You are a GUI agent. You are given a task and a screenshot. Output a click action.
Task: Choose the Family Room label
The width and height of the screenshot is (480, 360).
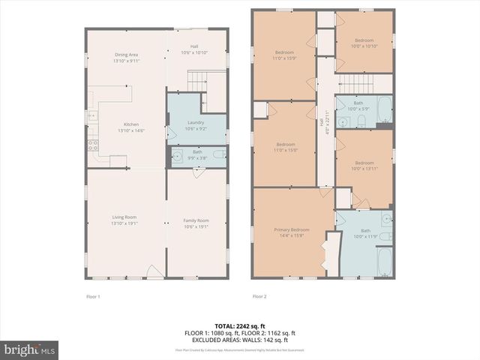[x=196, y=223]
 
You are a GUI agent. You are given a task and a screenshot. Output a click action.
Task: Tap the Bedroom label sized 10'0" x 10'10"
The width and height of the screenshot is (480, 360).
[x=364, y=43]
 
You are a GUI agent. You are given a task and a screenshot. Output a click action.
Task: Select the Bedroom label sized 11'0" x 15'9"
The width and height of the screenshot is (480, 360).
[x=284, y=55]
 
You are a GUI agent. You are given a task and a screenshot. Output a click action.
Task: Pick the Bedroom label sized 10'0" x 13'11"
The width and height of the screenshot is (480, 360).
[x=364, y=166]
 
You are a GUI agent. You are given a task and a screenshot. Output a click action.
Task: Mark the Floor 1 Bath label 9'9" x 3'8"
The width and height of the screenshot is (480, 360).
[x=196, y=154]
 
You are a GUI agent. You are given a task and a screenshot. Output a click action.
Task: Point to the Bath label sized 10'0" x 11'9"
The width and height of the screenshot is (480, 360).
[x=365, y=233]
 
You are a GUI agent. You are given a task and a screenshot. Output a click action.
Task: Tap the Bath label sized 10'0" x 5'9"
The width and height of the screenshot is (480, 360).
[x=358, y=106]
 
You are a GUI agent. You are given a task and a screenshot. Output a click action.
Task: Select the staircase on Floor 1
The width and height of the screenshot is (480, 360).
[x=196, y=79]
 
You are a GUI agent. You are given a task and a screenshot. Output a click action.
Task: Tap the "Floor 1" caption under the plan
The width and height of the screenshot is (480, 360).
[x=93, y=295]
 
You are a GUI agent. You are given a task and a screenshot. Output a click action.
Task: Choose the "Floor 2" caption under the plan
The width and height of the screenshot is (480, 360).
[x=259, y=295]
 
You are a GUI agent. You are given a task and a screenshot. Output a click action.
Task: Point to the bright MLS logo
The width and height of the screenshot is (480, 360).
[x=30, y=349]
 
